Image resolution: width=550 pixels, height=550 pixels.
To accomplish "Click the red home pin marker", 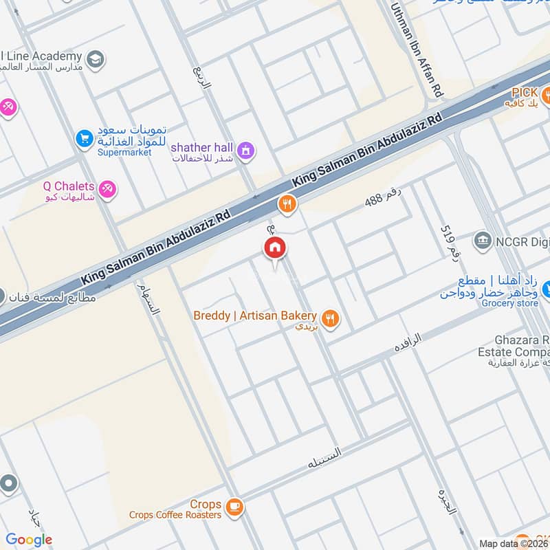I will click(274, 248).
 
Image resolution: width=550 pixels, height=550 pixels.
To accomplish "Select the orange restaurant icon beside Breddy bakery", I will click(331, 318).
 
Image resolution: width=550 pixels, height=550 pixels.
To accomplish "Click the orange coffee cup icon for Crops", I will click(234, 507).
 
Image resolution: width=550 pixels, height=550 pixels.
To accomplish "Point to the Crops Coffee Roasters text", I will click(175, 515).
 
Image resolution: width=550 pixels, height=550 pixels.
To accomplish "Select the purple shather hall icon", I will click(245, 149).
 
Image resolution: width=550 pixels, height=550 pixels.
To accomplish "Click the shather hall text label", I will click(201, 147).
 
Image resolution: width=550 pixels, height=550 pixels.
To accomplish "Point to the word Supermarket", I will click(124, 152).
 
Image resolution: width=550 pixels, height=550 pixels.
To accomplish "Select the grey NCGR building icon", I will click(482, 241).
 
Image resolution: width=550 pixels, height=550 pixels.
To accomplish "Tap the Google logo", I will click(29, 540).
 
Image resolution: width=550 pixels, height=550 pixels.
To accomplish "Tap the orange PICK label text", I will click(523, 92).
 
